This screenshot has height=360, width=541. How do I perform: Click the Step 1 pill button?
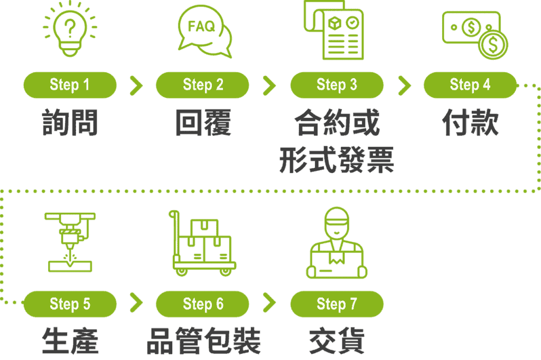point(70,85)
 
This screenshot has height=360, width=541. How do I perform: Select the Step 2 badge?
point(203,85)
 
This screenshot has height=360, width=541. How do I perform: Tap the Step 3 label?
point(337,85)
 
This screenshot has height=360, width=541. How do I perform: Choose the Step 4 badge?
point(470,85)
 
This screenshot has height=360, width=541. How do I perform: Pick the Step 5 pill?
point(70,304)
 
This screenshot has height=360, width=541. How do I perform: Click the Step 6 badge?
point(203,304)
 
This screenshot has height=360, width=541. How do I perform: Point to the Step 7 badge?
point(337,304)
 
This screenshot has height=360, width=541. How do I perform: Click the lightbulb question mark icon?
point(70,30)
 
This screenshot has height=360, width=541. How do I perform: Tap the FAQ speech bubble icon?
point(205,31)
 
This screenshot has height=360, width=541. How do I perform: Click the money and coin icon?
point(474,34)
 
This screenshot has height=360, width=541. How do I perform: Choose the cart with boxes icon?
point(203,243)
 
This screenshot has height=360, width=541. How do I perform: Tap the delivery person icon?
point(337,243)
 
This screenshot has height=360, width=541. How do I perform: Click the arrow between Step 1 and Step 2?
point(136,85)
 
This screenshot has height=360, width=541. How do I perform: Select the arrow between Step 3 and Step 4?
point(404,85)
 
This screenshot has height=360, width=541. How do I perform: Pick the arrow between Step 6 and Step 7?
point(269,304)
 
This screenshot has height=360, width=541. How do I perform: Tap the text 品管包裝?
point(203,342)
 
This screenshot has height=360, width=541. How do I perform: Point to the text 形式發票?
point(337,160)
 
